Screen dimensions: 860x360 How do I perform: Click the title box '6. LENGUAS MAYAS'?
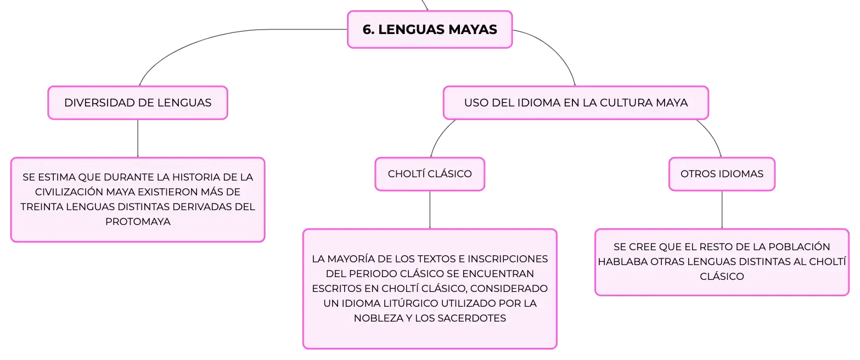pyautogui.click(x=430, y=30)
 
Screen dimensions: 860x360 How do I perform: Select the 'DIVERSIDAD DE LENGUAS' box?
pyautogui.click(x=138, y=103)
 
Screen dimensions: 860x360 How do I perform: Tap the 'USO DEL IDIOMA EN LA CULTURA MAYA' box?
pyautogui.click(x=576, y=103)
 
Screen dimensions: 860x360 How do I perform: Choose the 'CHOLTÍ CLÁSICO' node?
pyautogui.click(x=430, y=174)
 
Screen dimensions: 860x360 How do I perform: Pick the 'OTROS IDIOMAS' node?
pyautogui.click(x=722, y=174)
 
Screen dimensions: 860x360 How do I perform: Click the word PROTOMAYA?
pyautogui.click(x=138, y=222)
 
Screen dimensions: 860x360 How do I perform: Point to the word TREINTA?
pyautogui.click(x=42, y=207)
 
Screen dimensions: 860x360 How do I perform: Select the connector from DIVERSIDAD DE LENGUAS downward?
pyautogui.click(x=138, y=138)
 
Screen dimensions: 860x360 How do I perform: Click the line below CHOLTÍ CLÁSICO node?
pyautogui.click(x=430, y=210)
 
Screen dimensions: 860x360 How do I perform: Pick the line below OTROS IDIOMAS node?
pyautogui.click(x=722, y=210)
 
